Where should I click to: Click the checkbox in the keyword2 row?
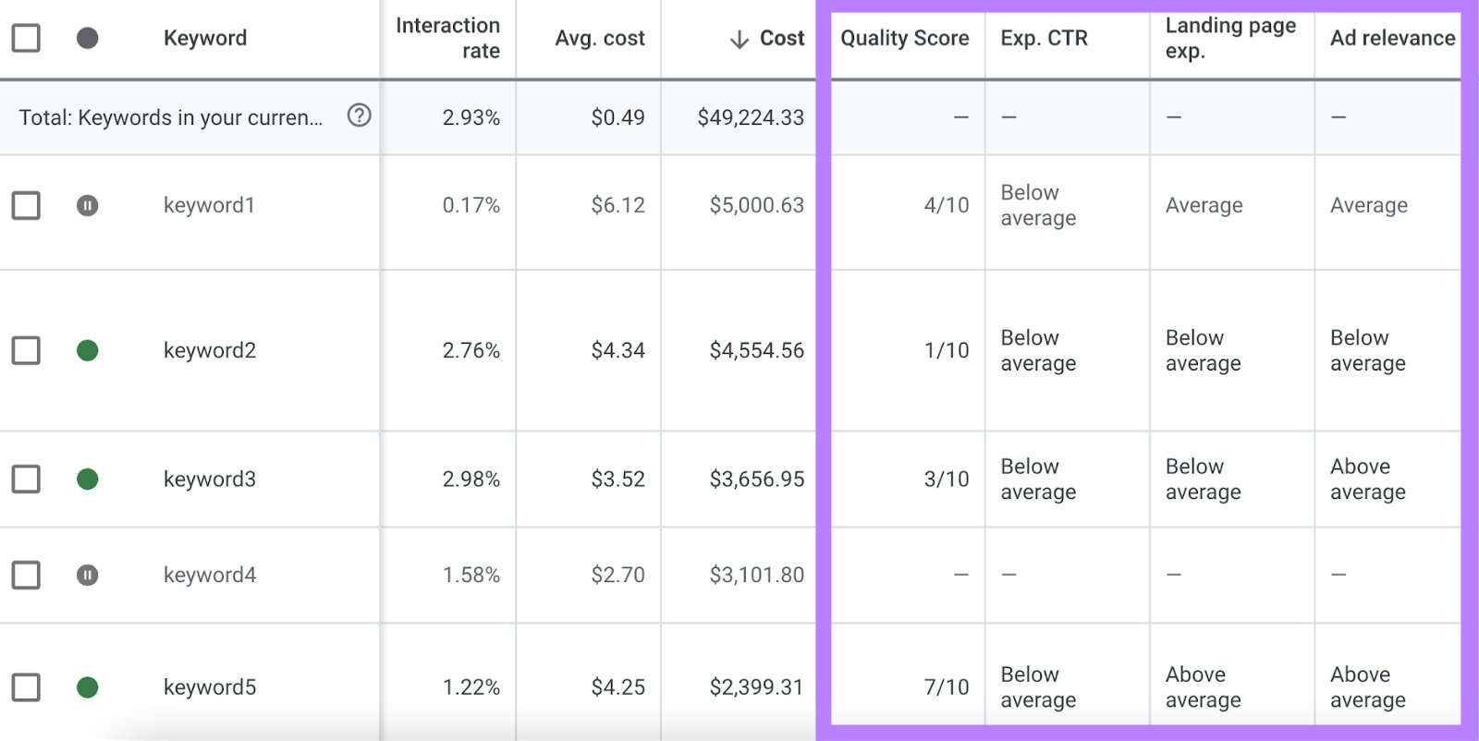[26, 350]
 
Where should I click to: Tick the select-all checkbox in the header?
[26, 38]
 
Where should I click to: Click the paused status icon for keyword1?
[87, 205]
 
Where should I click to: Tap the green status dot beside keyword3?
[87, 479]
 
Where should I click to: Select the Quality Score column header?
[904, 38]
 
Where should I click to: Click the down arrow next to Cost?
[739, 39]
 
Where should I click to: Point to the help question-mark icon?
[359, 115]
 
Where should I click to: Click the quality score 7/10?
[946, 686]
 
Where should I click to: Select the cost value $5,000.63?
[756, 205]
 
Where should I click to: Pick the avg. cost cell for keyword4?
[617, 575]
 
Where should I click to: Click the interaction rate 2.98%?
[471, 479]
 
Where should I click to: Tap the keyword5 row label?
[210, 686]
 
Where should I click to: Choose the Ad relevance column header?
[1392, 38]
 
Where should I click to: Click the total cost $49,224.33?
[751, 117]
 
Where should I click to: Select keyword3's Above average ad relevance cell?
[1367, 479]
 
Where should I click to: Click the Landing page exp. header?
[1229, 38]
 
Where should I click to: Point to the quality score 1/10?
[946, 350]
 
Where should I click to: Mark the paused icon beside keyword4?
[87, 575]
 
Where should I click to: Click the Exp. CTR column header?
[1044, 38]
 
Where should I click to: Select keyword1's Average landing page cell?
[1204, 205]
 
